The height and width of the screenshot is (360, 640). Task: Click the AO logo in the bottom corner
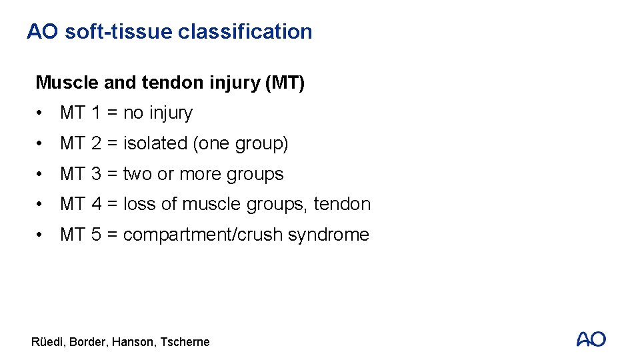click(591, 339)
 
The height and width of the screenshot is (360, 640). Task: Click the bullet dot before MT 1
click(42, 113)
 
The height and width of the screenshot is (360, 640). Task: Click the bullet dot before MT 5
click(42, 235)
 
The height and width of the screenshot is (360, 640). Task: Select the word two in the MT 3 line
click(138, 174)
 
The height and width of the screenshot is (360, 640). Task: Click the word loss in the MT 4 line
click(139, 204)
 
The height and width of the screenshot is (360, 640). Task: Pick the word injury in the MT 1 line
click(169, 113)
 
